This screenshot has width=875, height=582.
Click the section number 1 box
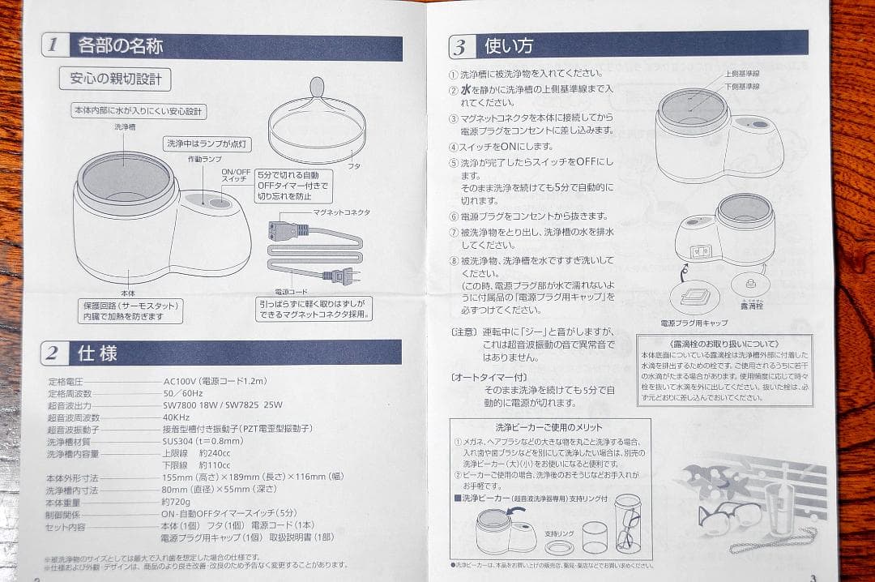pyautogui.click(x=55, y=45)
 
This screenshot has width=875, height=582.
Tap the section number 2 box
pyautogui.click(x=54, y=353)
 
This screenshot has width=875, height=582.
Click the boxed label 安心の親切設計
pyautogui.click(x=115, y=79)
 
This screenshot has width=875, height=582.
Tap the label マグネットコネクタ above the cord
pyautogui.click(x=341, y=212)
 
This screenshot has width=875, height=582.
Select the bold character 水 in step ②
pyautogui.click(x=466, y=90)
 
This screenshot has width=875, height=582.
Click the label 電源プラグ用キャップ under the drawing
pyautogui.click(x=694, y=323)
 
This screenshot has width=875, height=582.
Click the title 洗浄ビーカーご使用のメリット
pyautogui.click(x=548, y=427)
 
